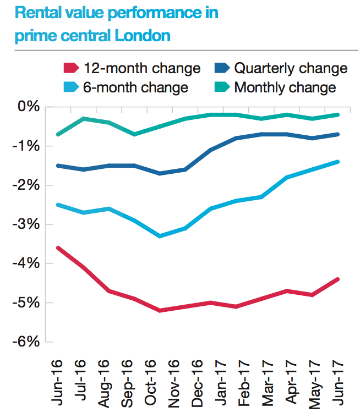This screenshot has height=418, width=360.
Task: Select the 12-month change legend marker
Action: point(70,68)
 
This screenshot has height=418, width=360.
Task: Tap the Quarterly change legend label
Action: point(291,68)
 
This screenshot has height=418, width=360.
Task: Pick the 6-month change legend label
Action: point(135,87)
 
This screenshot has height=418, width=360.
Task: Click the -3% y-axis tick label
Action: point(27,224)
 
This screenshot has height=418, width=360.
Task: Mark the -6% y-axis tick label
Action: point(27,342)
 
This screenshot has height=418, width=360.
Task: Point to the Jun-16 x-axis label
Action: point(58,383)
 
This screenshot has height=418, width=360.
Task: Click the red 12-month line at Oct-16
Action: point(160,311)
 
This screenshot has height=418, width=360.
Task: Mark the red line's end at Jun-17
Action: point(337,279)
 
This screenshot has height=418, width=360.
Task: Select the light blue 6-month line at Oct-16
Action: point(160,236)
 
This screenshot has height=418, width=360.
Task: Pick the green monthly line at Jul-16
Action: point(84,118)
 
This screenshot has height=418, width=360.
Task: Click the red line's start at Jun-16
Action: point(58,248)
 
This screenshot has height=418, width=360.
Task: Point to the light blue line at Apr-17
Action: point(287,177)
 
